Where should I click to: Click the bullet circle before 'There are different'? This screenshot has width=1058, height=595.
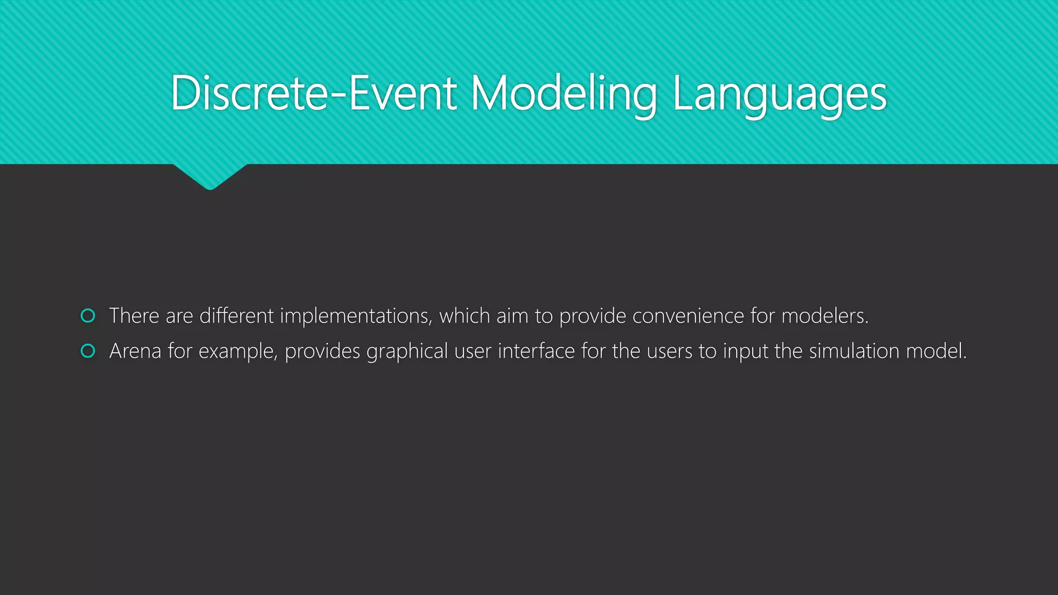point(88,316)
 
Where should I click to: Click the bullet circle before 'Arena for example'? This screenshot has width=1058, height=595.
point(88,351)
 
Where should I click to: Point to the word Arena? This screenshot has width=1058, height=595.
point(135,351)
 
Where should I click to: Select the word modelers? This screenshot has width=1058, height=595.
point(824,316)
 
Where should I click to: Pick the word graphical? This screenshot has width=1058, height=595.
point(407,351)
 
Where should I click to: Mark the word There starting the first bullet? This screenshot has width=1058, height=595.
point(134,316)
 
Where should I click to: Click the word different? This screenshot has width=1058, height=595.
point(237,316)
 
